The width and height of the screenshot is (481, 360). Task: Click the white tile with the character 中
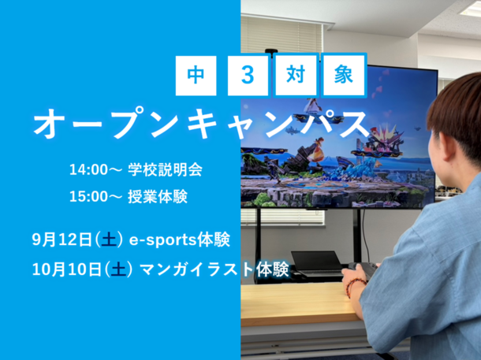[196, 76]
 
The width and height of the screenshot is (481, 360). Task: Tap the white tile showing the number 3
[248, 76]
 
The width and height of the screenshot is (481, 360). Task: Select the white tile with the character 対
[296, 76]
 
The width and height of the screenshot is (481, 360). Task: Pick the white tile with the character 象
[344, 76]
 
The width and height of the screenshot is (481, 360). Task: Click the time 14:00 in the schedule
[88, 169]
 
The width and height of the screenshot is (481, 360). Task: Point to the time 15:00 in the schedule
[88, 196]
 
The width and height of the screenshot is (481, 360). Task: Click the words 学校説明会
[165, 169]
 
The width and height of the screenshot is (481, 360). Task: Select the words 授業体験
[158, 196]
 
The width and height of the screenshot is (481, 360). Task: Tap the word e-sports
[163, 240]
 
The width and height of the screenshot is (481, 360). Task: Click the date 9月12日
[62, 240]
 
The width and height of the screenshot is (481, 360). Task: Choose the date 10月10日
[66, 269]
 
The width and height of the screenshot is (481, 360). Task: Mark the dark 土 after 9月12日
[109, 240]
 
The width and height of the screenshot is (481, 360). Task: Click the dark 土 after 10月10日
[118, 269]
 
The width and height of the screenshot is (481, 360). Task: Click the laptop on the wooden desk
[317, 263]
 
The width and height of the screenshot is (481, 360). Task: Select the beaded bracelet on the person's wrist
[354, 287]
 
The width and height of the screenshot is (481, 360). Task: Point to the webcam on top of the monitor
[271, 51]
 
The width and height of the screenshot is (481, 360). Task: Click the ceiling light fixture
[471, 9]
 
